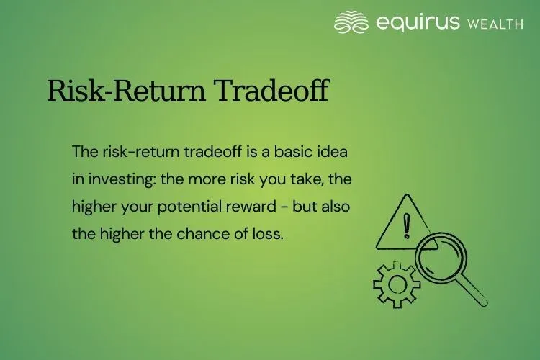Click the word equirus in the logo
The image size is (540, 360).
(417, 23)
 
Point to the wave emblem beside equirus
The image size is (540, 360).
(351, 22)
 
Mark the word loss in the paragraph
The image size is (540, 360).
(267, 233)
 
